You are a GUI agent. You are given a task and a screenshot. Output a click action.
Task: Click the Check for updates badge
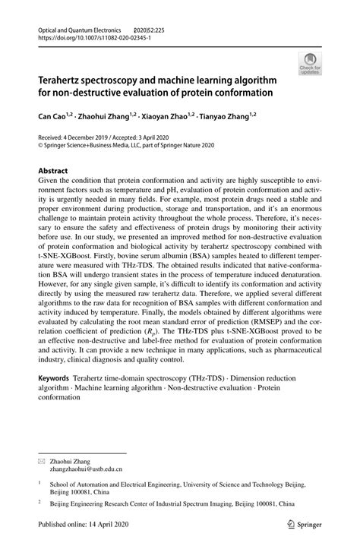click(310, 63)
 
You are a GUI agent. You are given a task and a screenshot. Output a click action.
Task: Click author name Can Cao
click(44, 118)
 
